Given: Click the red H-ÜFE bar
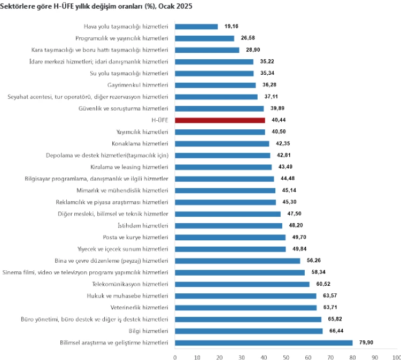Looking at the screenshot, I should click(x=219, y=120).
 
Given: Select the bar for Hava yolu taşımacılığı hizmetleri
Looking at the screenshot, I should click(x=196, y=26).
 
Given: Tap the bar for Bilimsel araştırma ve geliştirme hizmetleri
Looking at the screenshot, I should click(x=264, y=342).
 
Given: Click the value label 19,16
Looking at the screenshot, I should click(x=231, y=26).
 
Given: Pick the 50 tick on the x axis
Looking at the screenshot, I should click(x=286, y=356).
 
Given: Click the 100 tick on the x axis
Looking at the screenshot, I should click(x=396, y=356).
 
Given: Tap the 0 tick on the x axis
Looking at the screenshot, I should click(x=175, y=356).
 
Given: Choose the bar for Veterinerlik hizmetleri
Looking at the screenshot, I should click(x=245, y=307).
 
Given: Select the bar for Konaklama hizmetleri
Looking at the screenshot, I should click(x=222, y=144).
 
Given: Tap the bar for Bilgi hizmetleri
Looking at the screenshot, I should click(x=249, y=331).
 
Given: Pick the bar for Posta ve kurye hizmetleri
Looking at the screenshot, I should click(x=230, y=237).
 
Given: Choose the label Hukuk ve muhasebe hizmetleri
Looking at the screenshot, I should click(x=127, y=295).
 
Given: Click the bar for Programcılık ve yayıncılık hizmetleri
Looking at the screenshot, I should click(x=204, y=38).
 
